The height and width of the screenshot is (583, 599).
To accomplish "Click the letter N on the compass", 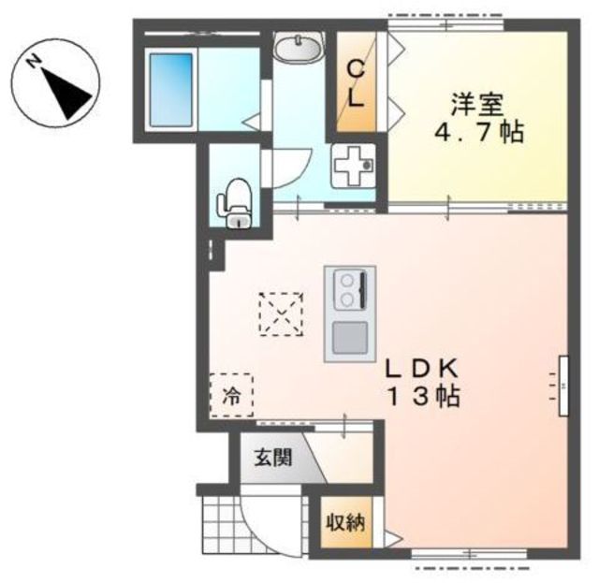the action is click(x=35, y=61).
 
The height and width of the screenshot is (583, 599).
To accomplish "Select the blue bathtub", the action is click(x=170, y=90).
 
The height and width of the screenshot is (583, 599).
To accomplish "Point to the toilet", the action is click(x=235, y=203).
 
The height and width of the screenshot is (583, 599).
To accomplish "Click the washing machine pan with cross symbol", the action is click(x=352, y=166).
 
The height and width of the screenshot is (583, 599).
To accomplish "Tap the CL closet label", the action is click(x=356, y=84).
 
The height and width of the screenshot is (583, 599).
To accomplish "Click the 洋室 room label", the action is click(x=477, y=104).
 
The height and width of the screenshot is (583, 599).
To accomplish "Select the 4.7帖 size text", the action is click(x=479, y=132).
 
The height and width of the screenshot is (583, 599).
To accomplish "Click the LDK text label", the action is click(x=421, y=369).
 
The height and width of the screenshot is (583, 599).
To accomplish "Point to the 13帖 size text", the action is click(x=424, y=396).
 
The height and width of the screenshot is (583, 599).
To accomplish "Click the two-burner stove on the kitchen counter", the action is click(x=350, y=289).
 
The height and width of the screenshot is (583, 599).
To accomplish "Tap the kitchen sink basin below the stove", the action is click(x=350, y=337).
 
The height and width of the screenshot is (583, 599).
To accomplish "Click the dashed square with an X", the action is click(x=281, y=314).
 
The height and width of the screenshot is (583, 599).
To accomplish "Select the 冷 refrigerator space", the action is click(x=231, y=396).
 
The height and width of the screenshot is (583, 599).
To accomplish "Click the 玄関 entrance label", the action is click(x=273, y=457).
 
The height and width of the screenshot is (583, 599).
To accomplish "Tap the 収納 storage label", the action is click(x=345, y=522).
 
